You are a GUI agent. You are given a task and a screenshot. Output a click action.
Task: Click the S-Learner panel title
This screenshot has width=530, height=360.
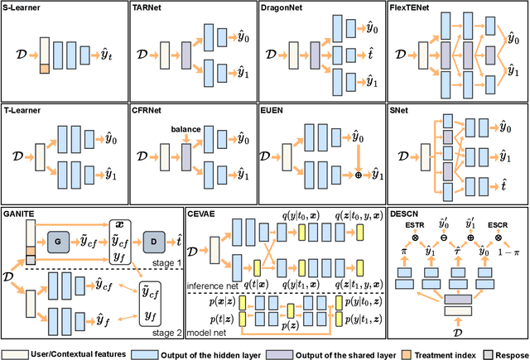pyautogui.click(x=24, y=7)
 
